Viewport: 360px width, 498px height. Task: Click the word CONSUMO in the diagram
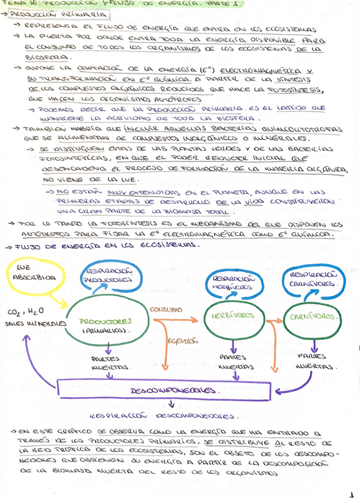tap(167, 309)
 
